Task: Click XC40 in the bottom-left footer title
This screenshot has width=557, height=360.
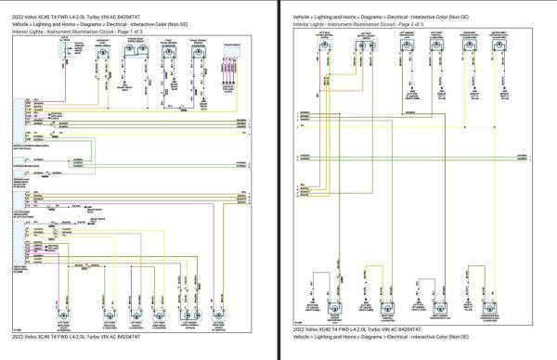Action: (x=46, y=335)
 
